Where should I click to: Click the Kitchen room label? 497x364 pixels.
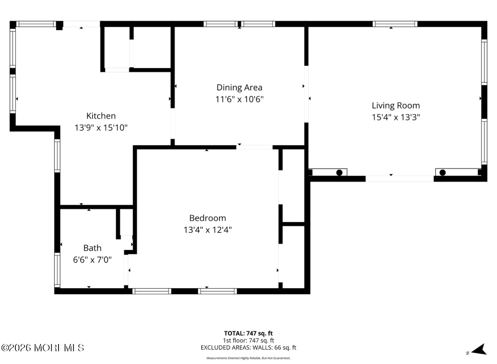coord(101,116)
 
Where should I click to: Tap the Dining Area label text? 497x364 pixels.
coord(239,87)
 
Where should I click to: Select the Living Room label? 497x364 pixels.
coord(396,105)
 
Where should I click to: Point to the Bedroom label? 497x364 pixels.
coord(208,218)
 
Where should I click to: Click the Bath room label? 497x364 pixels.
coord(92,248)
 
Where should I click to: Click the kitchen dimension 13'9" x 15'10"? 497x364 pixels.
coord(101,128)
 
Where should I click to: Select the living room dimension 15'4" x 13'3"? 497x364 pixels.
coord(396,117)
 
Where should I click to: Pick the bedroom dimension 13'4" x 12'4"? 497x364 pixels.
coord(208,230)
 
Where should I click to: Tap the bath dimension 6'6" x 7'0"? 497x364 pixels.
coord(92,260)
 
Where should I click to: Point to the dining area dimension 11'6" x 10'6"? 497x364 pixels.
coord(239,99)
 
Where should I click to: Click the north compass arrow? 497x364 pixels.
coord(479,350)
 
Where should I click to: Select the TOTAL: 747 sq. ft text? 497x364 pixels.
coord(248,334)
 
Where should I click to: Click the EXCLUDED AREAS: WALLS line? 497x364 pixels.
coord(248,347)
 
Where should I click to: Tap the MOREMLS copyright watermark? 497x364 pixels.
coord(43,348)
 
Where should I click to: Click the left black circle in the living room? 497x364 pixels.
coord(339,173)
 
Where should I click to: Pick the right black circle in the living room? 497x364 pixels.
coord(442,173)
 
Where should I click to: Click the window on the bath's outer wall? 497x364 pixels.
coord(57,270)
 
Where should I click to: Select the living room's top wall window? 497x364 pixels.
coord(395,24)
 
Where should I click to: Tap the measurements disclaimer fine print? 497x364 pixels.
coord(248,358)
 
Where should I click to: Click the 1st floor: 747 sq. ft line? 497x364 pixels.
coord(248,341)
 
